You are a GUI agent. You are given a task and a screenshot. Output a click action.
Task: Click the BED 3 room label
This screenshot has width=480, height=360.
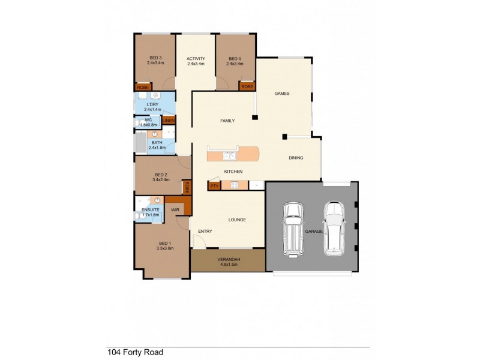(155, 58)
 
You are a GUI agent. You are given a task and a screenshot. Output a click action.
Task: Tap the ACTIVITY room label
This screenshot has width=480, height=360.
(196, 58)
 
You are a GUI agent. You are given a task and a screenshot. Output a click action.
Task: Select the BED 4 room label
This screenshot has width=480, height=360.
(235, 58)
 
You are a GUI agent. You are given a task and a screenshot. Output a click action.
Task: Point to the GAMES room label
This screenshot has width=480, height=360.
(282, 94)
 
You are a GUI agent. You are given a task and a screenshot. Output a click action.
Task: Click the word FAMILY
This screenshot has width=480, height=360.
(227, 121)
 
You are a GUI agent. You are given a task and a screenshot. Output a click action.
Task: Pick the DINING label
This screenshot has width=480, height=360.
(296, 158)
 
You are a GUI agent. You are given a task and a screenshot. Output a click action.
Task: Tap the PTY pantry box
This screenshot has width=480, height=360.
(214, 186)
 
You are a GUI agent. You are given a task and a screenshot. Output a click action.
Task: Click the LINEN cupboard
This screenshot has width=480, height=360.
(169, 121)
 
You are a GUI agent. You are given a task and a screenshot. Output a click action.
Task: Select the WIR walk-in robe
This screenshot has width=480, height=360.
(175, 209)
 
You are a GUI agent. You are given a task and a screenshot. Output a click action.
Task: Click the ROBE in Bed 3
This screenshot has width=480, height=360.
(143, 88)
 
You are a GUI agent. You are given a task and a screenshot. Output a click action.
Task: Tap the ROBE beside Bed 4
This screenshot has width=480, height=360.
(247, 86)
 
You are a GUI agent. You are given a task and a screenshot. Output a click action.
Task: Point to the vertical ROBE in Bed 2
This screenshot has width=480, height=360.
(187, 187)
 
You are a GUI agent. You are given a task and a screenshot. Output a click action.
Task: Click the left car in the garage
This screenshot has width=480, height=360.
(294, 229)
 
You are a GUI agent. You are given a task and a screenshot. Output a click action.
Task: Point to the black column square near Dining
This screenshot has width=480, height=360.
(285, 136)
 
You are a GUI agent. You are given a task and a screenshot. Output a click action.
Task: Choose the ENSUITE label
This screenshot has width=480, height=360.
(151, 209)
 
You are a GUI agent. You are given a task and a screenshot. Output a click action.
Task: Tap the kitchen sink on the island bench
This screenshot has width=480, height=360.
(229, 156)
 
